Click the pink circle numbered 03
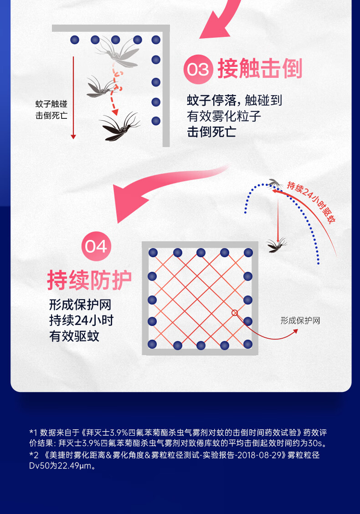pos(198,69)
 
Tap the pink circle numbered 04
pos(96,246)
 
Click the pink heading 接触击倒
pos(260,69)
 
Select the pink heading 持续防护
pos(89,280)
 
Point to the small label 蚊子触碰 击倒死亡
pos(51,110)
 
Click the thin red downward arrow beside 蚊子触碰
pos(73,98)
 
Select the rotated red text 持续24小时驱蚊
pos(311,202)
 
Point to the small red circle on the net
pos(235,313)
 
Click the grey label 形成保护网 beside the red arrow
pos(300,321)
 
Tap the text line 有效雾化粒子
pos(224,116)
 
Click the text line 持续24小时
pos(82,320)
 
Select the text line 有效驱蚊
pos(74,336)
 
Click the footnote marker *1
pos(33,433)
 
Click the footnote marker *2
pos(34,455)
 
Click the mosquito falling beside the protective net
pos(277,245)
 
